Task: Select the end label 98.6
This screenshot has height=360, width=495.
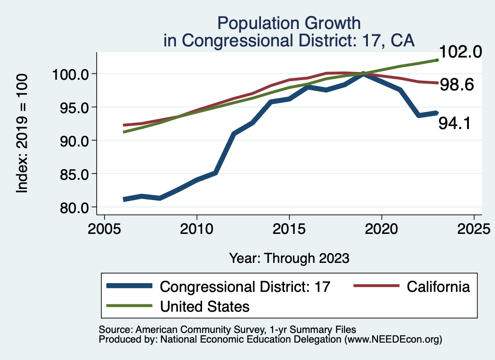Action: pyautogui.click(x=459, y=85)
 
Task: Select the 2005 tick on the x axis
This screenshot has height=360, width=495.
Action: pyautogui.click(x=104, y=228)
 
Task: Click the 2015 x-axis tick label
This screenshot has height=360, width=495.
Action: pyautogui.click(x=289, y=228)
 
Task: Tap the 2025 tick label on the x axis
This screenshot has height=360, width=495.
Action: pyautogui.click(x=474, y=228)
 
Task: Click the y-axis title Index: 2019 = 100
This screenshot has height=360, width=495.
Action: pyautogui.click(x=22, y=134)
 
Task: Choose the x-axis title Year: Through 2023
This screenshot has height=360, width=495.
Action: pyautogui.click(x=289, y=258)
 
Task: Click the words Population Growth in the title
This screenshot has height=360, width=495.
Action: pyautogui.click(x=289, y=23)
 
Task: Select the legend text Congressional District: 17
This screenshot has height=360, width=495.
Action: pyautogui.click(x=245, y=287)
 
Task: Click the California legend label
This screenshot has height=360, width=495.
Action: pyautogui.click(x=438, y=287)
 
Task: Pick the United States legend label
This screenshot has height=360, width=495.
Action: pyautogui.click(x=205, y=306)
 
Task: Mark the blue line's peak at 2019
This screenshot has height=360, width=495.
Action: pyautogui.click(x=363, y=74)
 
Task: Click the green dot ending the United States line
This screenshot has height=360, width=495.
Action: pyautogui.click(x=437, y=60)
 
